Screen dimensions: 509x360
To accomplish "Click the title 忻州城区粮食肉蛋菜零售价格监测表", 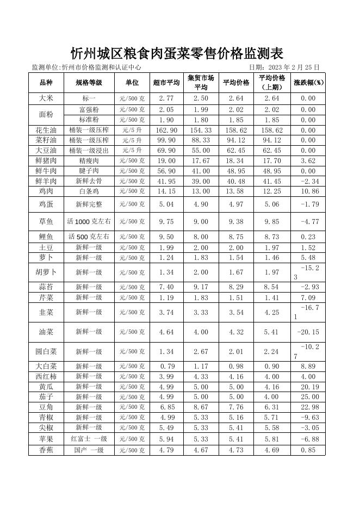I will (177, 53).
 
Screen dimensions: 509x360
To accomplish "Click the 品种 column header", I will (46, 83).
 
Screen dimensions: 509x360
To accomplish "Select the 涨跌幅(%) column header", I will (308, 83).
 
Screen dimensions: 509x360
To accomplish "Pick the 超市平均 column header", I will (166, 83).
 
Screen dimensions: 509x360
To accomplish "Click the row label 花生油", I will (46, 131).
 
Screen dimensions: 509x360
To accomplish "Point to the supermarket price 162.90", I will (166, 131).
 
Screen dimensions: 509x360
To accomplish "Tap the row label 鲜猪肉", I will (46, 161).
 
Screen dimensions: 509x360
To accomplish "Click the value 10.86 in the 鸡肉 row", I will (308, 191).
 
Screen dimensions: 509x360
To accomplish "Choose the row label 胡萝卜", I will (46, 272).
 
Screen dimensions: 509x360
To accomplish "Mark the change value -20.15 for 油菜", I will (308, 332).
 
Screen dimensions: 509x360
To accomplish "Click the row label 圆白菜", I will (46, 351).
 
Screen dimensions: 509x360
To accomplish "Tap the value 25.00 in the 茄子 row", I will (308, 397).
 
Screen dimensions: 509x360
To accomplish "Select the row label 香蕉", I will (46, 450).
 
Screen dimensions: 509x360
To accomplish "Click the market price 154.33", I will (201, 131).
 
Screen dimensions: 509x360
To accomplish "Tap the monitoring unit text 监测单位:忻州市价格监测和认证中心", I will (86, 67).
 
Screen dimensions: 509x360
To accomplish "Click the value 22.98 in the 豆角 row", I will (308, 407).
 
